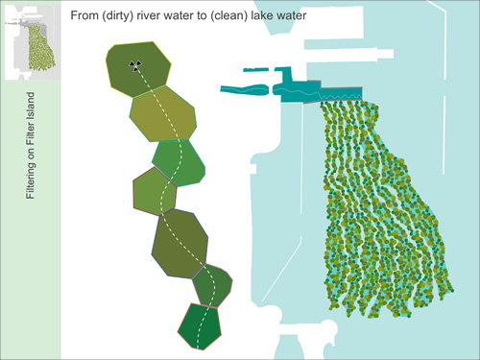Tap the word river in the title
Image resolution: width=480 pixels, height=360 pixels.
163,16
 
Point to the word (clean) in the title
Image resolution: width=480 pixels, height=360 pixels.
252,16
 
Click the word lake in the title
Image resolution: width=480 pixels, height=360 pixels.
291,16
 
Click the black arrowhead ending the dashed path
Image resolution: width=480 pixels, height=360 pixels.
135,67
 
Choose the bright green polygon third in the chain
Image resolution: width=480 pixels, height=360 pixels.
179,162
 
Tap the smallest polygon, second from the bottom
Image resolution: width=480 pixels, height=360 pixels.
212,284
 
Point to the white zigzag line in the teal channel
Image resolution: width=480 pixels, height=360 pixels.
322,93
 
